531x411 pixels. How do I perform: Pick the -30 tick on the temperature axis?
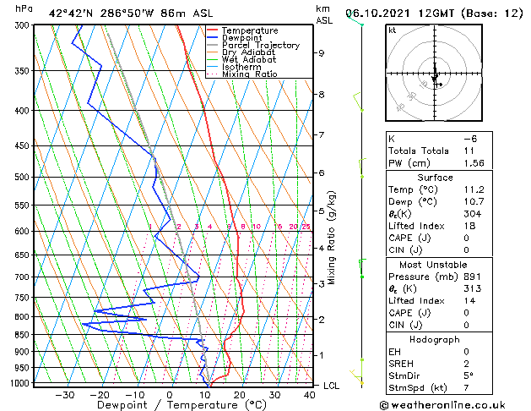point(64,394)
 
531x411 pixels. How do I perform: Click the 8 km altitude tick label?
point(322,94)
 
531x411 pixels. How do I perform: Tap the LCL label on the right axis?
point(333,385)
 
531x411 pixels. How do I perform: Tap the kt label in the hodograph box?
point(392,30)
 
